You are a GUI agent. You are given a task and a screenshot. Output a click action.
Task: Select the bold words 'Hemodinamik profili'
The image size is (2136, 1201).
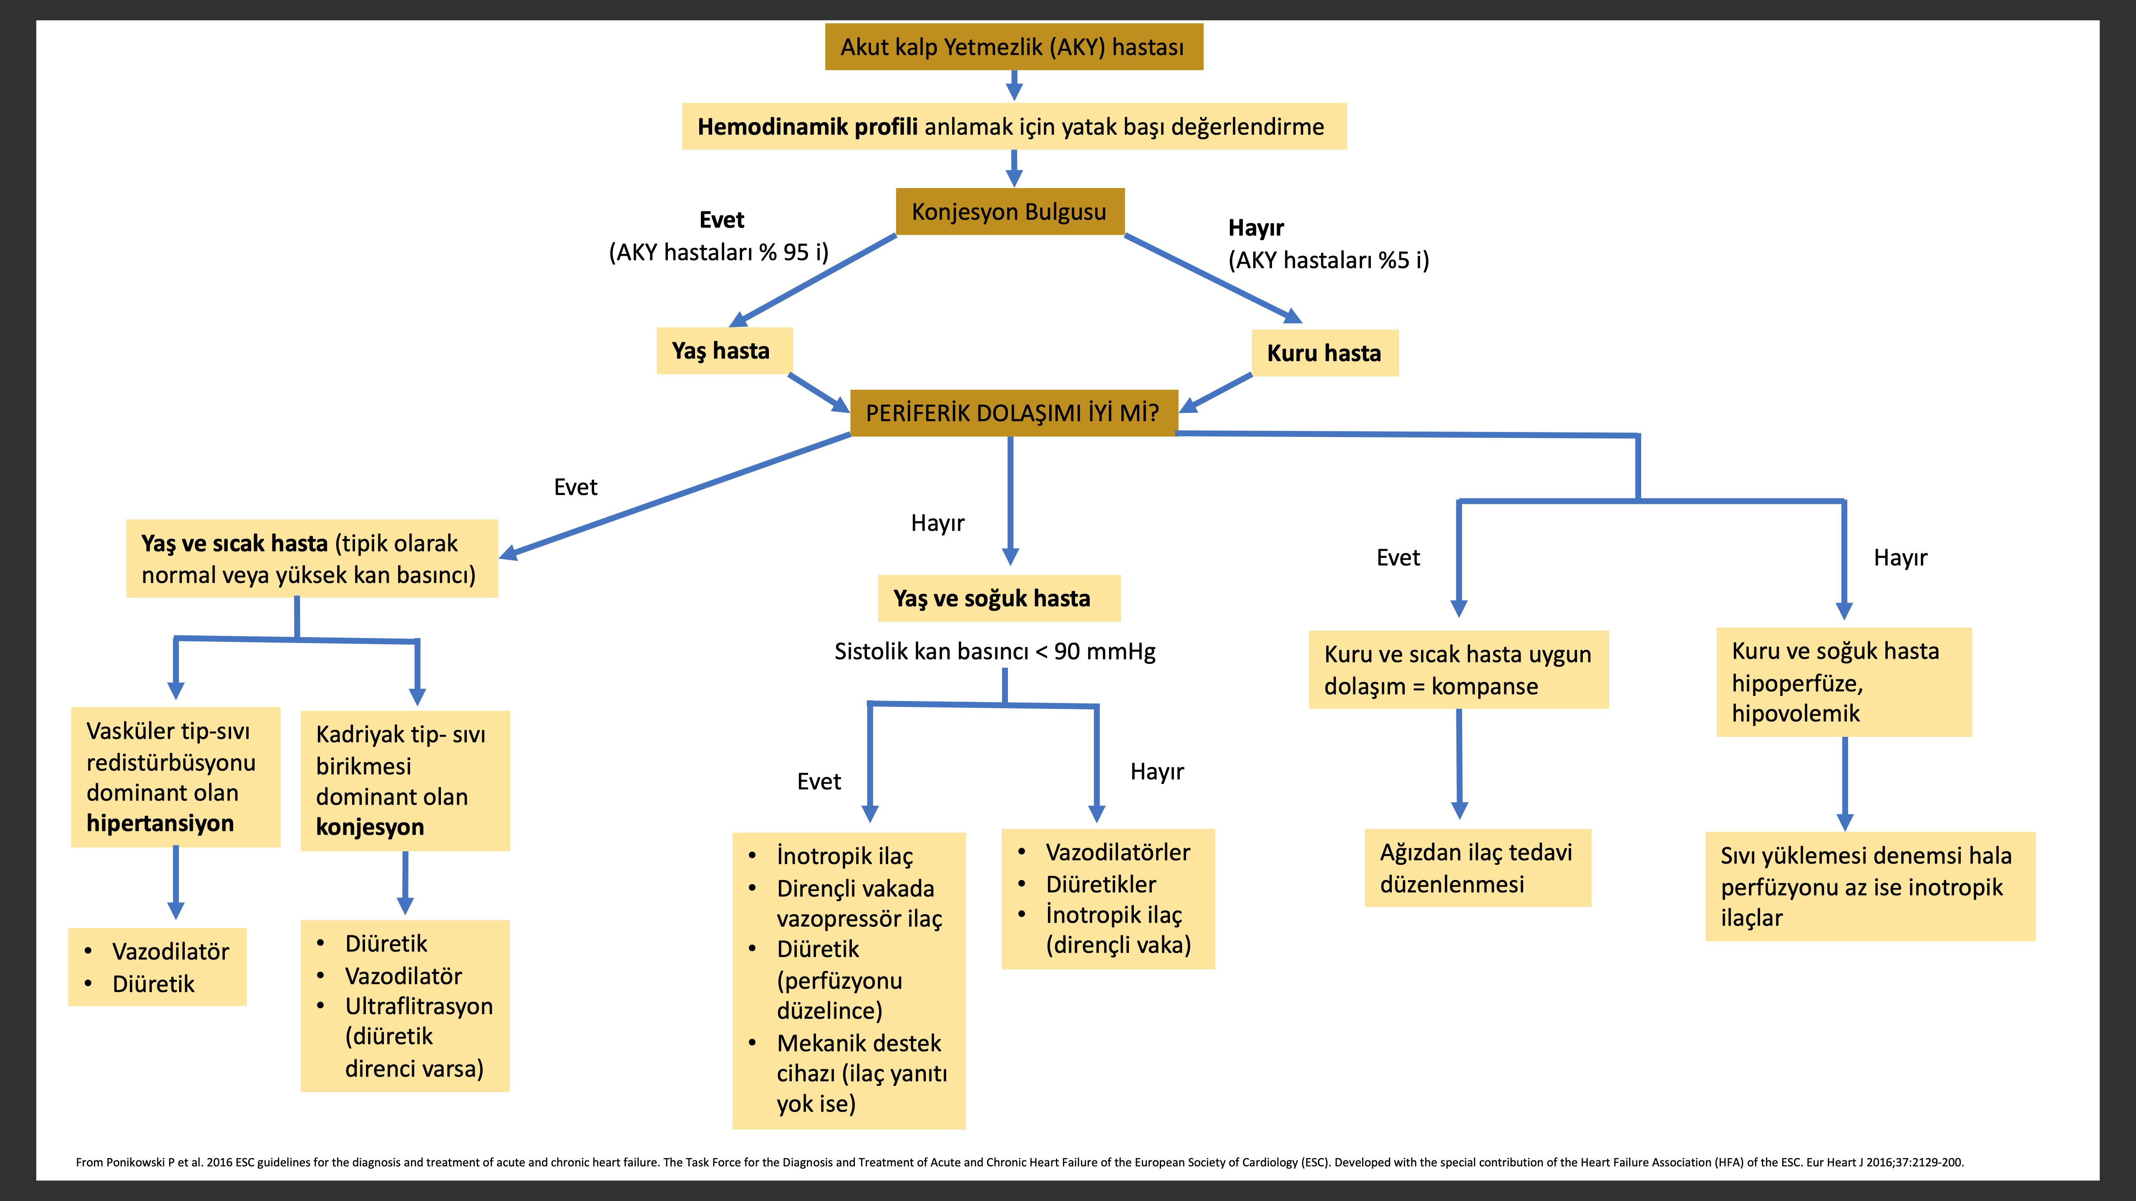tap(807, 127)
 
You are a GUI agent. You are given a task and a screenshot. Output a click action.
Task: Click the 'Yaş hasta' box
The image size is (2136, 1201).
tap(724, 351)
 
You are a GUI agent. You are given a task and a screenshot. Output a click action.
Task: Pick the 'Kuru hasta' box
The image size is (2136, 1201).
tap(1324, 353)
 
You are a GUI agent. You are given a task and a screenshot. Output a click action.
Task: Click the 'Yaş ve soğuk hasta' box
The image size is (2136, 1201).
tap(999, 598)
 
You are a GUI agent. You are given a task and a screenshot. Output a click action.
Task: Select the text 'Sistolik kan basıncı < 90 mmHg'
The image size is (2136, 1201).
tap(994, 651)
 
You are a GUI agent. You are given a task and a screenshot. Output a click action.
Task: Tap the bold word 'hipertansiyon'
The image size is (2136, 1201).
tap(160, 823)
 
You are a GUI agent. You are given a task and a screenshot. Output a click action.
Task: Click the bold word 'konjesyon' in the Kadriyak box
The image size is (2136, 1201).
tap(370, 827)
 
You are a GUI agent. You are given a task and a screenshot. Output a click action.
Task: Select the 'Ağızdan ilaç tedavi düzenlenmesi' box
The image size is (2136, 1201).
tap(1478, 868)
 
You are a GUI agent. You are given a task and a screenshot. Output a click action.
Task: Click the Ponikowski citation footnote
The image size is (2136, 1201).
tap(1020, 1162)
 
